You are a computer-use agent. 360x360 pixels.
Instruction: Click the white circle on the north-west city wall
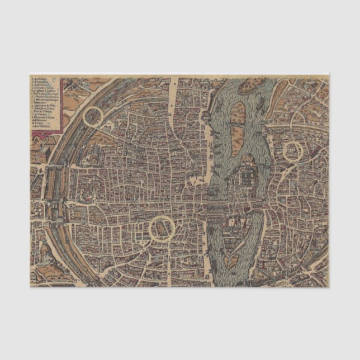[93, 117]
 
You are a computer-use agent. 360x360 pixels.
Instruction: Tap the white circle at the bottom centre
[160, 228]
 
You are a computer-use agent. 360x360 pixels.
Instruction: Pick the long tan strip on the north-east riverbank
[296, 125]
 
